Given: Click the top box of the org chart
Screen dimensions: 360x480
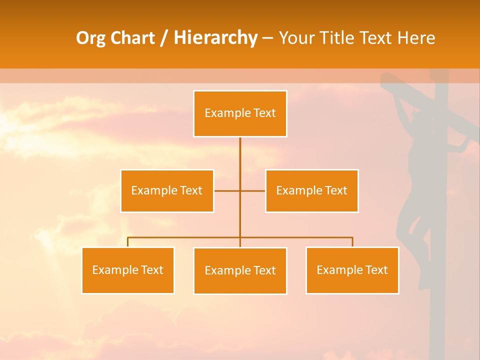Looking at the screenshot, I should coord(240,113).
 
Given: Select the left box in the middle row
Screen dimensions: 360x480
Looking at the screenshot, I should coord(167,191).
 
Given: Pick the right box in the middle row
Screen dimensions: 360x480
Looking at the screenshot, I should coord(311,191).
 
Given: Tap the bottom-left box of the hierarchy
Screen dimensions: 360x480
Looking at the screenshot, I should coord(127,270).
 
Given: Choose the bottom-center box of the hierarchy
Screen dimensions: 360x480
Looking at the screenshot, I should coord(240,271).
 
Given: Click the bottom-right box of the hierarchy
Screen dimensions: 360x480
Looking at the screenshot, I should coord(352,270).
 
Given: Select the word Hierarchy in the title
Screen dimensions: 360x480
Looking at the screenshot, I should coord(215,38).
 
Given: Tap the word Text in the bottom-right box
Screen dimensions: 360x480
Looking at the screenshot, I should coord(376,270).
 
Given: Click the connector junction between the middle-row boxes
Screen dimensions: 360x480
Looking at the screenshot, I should coord(240,191).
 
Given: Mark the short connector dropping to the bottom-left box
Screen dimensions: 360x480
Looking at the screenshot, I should coord(128,242).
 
